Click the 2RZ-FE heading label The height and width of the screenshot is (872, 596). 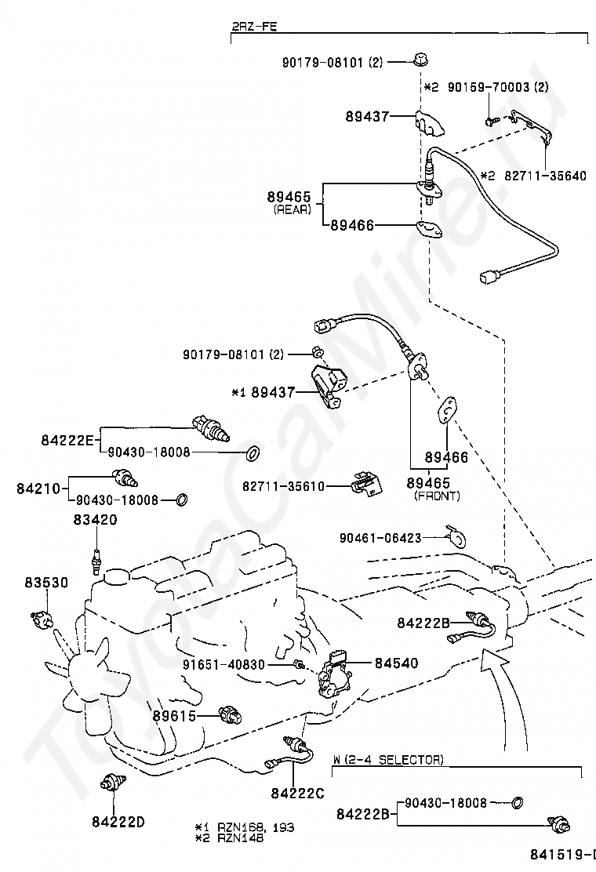(x=254, y=27)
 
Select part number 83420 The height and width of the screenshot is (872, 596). (x=96, y=519)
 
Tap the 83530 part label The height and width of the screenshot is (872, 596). (x=45, y=582)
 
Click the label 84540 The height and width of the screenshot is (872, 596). (x=396, y=663)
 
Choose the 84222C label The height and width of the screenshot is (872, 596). (x=297, y=793)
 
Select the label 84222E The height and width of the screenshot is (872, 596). (x=67, y=441)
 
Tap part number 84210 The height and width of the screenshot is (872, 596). (x=38, y=488)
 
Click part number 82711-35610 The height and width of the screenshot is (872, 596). (x=284, y=486)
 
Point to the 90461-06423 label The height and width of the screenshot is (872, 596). (x=380, y=538)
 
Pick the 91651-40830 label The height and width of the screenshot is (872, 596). (x=225, y=664)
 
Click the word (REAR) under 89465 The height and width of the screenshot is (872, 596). (x=292, y=209)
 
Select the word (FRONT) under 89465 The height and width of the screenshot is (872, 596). (x=437, y=496)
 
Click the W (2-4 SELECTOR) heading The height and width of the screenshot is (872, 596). (x=387, y=760)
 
